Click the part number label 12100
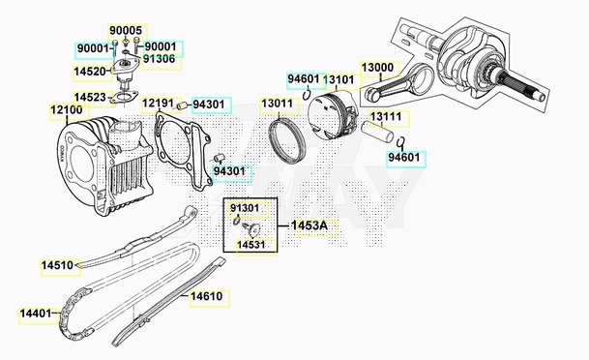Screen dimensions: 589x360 pos(67,110)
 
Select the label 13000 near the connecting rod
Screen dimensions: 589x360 pos(377,68)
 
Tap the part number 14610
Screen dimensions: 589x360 pos(207,296)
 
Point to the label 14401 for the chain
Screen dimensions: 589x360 pos(36,313)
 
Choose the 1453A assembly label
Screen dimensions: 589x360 pos(309,225)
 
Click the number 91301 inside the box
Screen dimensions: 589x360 pos(245,208)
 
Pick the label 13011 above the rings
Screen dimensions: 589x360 pos(277,104)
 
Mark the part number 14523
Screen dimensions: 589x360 pos(90,98)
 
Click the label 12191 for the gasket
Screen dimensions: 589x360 pos(159,103)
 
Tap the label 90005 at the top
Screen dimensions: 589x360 pos(126,30)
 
